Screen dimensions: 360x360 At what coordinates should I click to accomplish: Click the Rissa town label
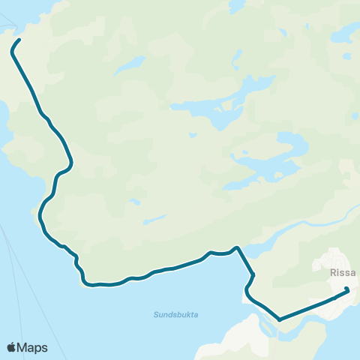[x=342, y=273]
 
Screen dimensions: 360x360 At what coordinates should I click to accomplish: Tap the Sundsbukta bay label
[x=176, y=314]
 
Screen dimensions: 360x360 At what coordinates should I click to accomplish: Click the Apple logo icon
[x=12, y=347]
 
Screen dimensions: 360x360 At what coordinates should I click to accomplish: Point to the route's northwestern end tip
[x=18, y=40]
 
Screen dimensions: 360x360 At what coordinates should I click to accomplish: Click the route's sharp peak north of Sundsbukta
[x=236, y=247]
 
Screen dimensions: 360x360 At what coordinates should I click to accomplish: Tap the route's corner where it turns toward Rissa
[x=279, y=319]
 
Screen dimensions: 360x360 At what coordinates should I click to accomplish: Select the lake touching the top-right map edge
[x=346, y=34]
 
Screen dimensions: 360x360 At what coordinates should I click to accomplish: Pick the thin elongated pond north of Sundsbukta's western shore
[x=154, y=220]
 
